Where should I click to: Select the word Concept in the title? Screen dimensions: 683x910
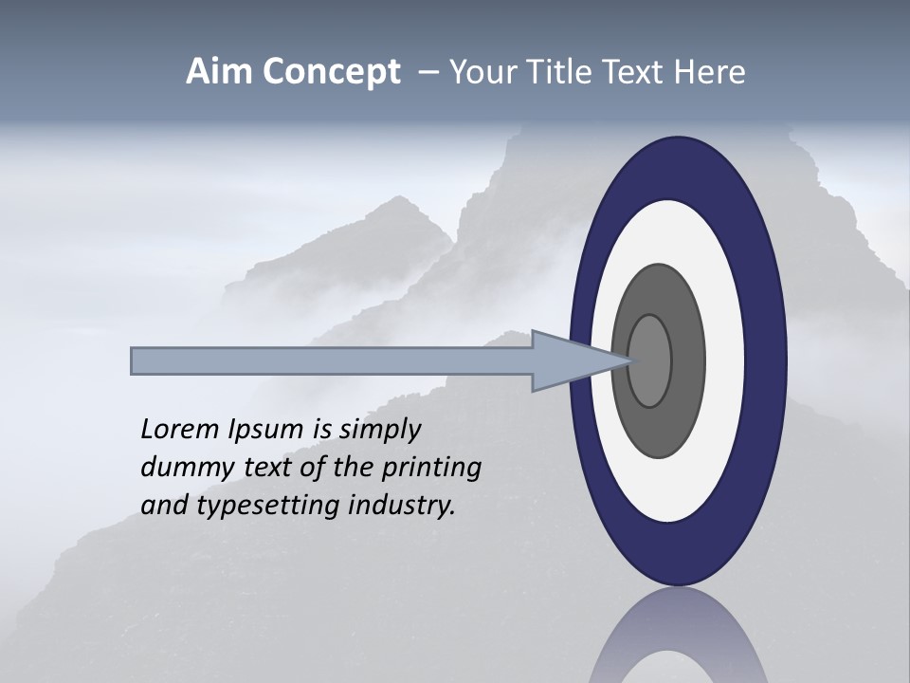point(332,73)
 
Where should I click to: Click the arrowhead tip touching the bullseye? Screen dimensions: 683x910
point(628,360)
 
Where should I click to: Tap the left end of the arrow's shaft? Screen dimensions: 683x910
point(134,361)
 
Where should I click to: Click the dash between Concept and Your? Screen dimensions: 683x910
point(428,73)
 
